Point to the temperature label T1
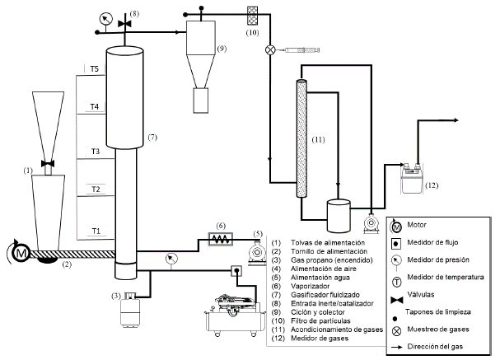click(x=96, y=231)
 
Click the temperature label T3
click(x=96, y=151)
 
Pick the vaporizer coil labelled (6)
click(x=221, y=239)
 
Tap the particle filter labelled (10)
click(x=254, y=14)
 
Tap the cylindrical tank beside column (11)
click(x=339, y=215)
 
